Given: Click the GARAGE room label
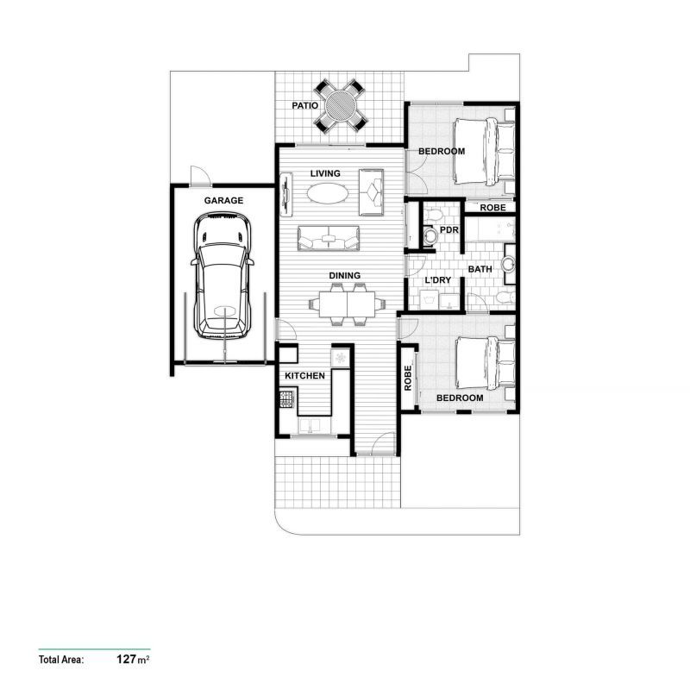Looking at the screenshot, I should (x=223, y=200).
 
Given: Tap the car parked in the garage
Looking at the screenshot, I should (x=223, y=277).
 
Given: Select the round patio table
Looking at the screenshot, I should (x=338, y=105).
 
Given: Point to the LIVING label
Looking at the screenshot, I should (x=325, y=173).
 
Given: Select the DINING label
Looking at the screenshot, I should (x=344, y=276).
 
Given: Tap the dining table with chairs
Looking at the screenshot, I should (x=345, y=304).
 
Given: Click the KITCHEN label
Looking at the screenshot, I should (x=304, y=376).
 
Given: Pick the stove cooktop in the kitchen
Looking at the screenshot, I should (x=286, y=399).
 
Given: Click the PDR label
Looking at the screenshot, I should (x=448, y=230).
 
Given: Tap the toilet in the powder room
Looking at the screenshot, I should (x=430, y=233).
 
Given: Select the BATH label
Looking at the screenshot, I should (x=480, y=269).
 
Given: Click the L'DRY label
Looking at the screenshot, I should (x=437, y=280).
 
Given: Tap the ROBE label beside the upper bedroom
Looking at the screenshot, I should (x=492, y=208).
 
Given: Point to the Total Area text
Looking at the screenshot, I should (x=60, y=661).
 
